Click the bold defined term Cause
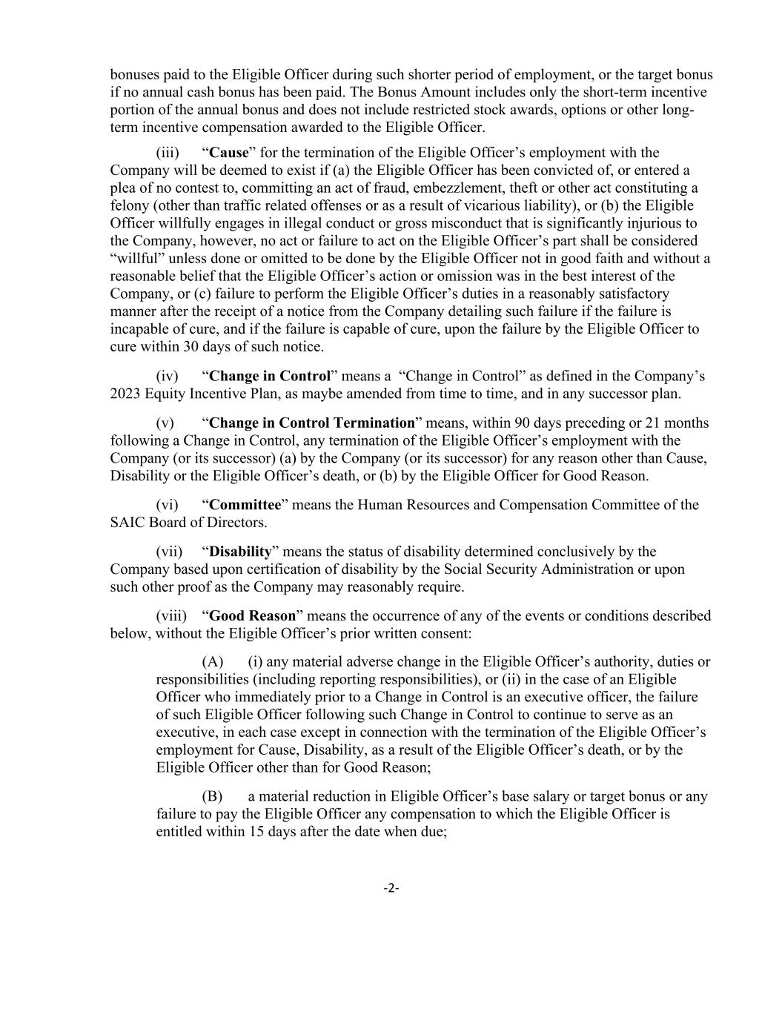(x=229, y=153)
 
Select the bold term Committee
(x=245, y=505)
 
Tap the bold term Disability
(x=241, y=552)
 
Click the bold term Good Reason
(x=252, y=616)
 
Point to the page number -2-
(x=391, y=888)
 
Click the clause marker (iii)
(x=168, y=153)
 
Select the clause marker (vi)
(x=168, y=505)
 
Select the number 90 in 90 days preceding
(x=494, y=423)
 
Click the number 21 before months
(x=655, y=423)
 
